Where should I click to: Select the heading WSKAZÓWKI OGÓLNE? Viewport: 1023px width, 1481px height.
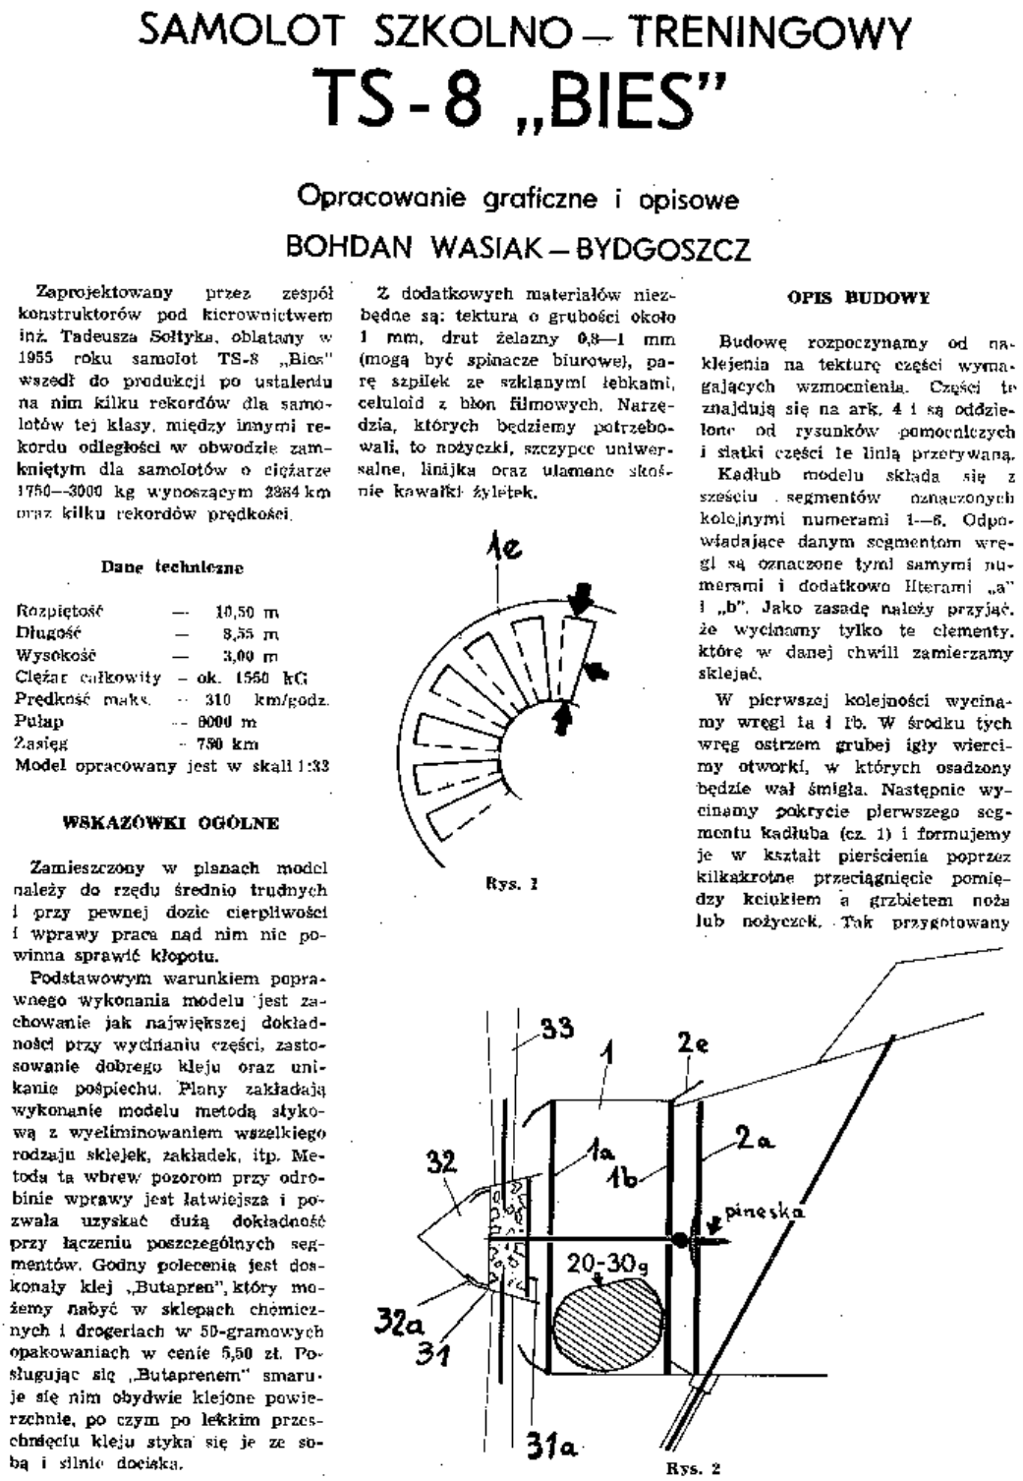pos(170,822)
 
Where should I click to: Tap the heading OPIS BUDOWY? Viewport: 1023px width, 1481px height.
pos(859,295)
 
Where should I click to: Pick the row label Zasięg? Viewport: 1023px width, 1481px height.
pos(41,743)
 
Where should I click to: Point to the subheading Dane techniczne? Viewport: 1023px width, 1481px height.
pos(172,567)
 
